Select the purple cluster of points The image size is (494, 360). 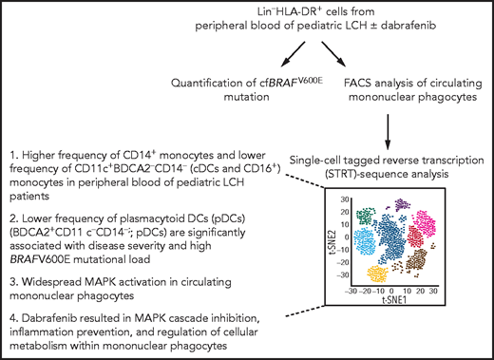[405, 203]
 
